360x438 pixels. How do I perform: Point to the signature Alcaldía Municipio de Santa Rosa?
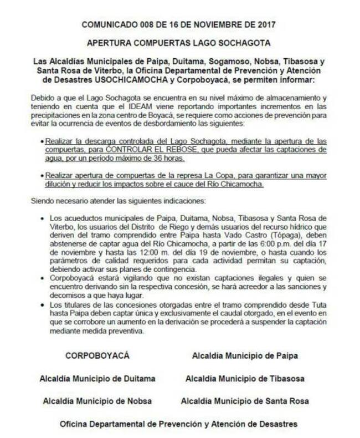(244, 400)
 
